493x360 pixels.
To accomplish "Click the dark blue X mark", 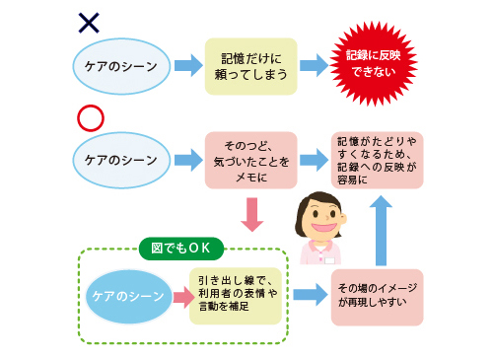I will click(90, 21).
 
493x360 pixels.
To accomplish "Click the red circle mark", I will click(90, 117).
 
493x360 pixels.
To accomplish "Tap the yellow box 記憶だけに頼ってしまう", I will click(250, 66).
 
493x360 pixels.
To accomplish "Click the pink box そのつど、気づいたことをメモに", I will click(250, 160).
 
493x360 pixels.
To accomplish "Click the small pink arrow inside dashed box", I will click(181, 296).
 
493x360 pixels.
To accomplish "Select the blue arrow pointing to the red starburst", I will click(314, 66).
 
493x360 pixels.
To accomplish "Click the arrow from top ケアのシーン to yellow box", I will click(186, 66).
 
